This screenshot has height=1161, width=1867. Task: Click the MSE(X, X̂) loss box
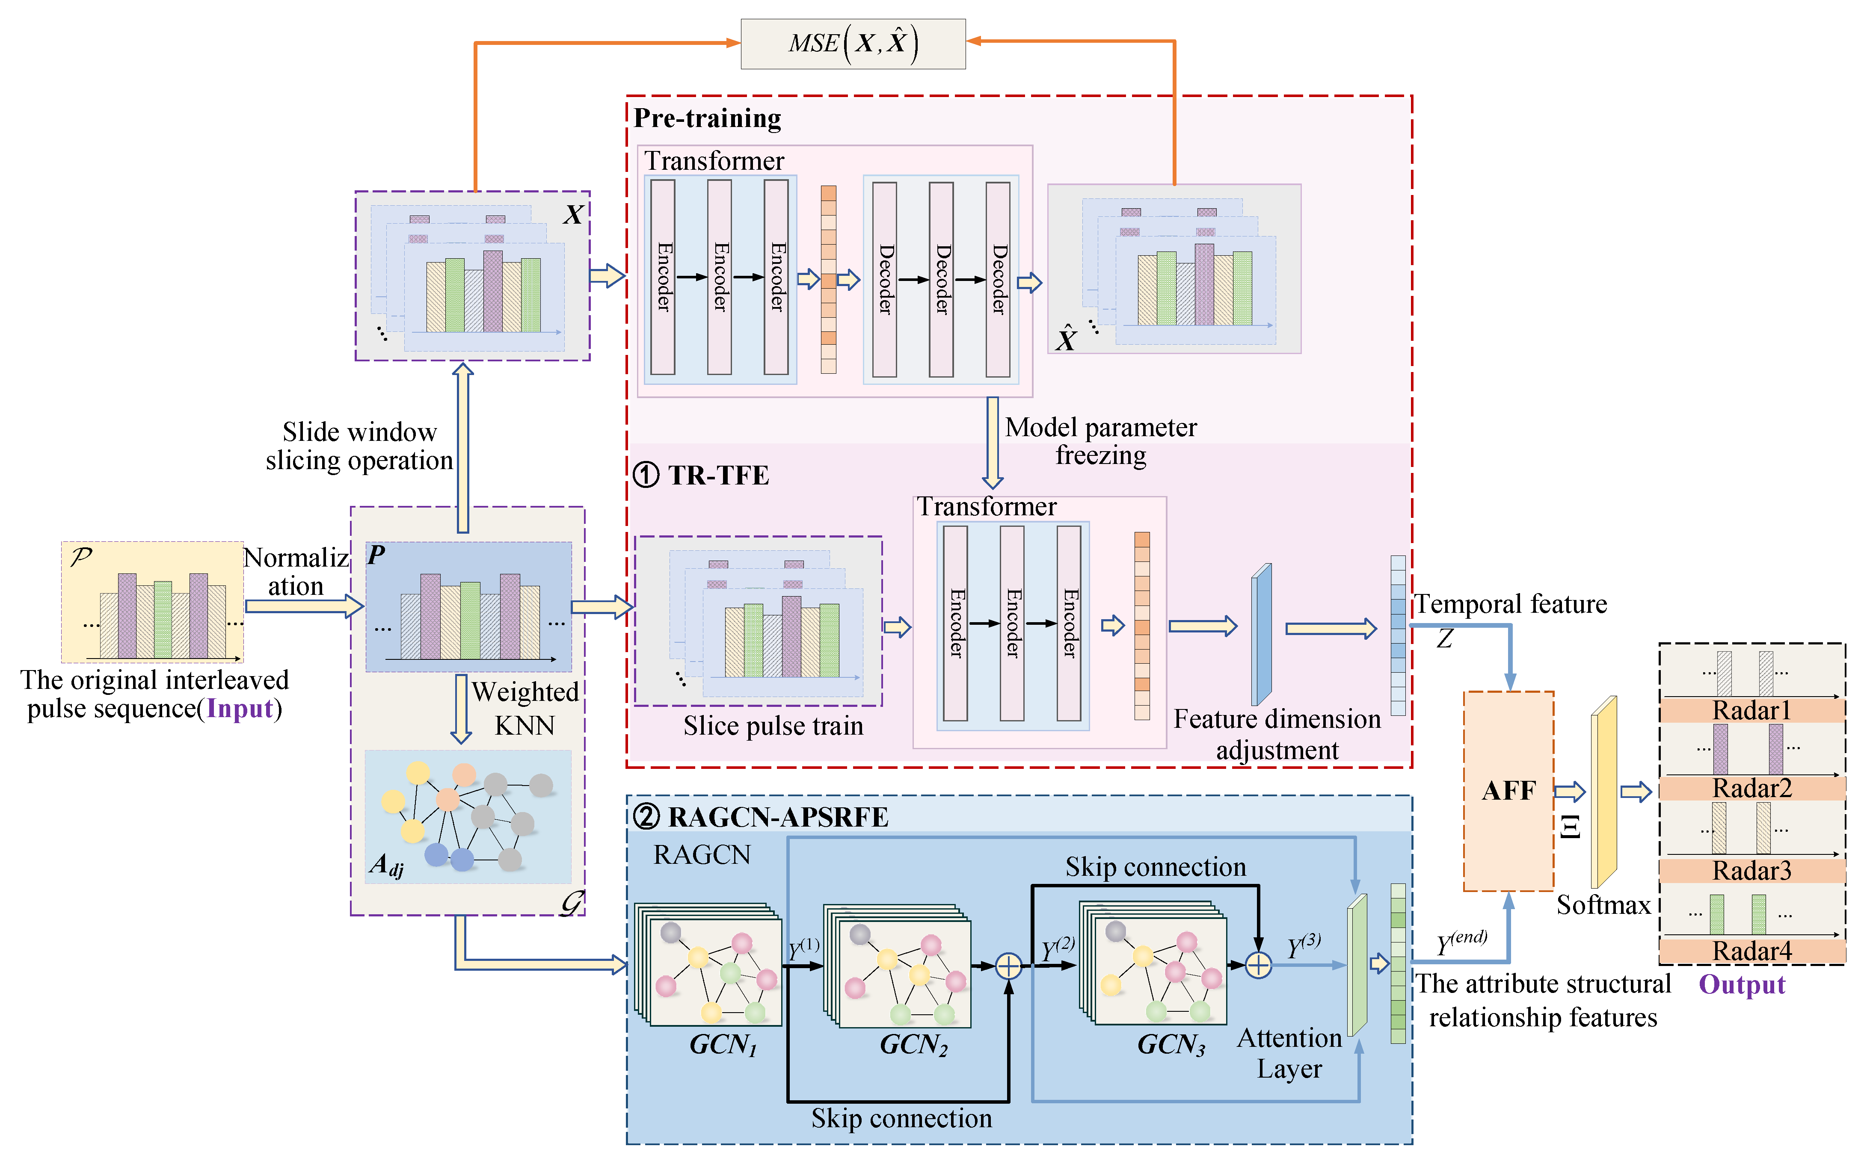coord(853,44)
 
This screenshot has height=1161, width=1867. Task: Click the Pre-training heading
coord(707,118)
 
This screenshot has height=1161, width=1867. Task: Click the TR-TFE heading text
coord(717,475)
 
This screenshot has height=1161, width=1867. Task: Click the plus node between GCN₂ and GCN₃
coord(1008,966)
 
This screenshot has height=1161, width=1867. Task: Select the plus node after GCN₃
coord(1258,965)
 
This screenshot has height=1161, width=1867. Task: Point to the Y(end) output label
coord(1461,942)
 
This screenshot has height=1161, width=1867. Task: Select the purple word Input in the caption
coord(240,708)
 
